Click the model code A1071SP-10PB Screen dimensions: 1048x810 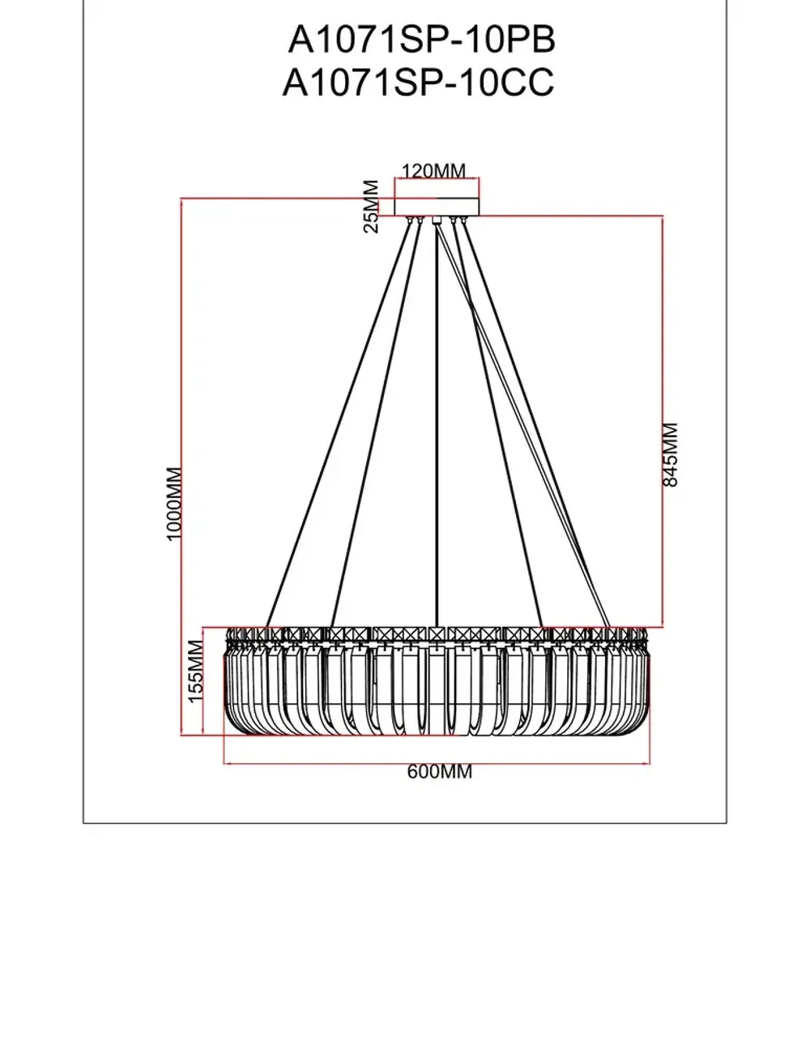421,39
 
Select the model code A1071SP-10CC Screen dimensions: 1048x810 418,83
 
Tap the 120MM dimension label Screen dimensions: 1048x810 434,171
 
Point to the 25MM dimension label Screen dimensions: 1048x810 371,207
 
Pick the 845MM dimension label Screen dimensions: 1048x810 671,454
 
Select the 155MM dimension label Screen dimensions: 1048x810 195,671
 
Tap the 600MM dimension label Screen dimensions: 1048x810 439,772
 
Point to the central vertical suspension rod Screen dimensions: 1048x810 437,421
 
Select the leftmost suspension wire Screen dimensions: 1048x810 340,421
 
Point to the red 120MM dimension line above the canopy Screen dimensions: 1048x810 437,179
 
